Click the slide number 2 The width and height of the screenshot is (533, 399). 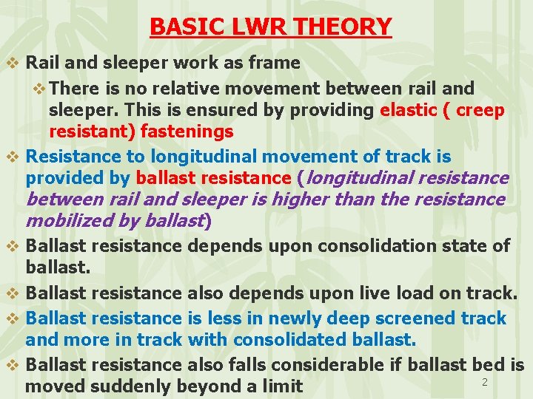pyautogui.click(x=485, y=382)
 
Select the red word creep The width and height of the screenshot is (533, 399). pyautogui.click(x=480, y=110)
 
